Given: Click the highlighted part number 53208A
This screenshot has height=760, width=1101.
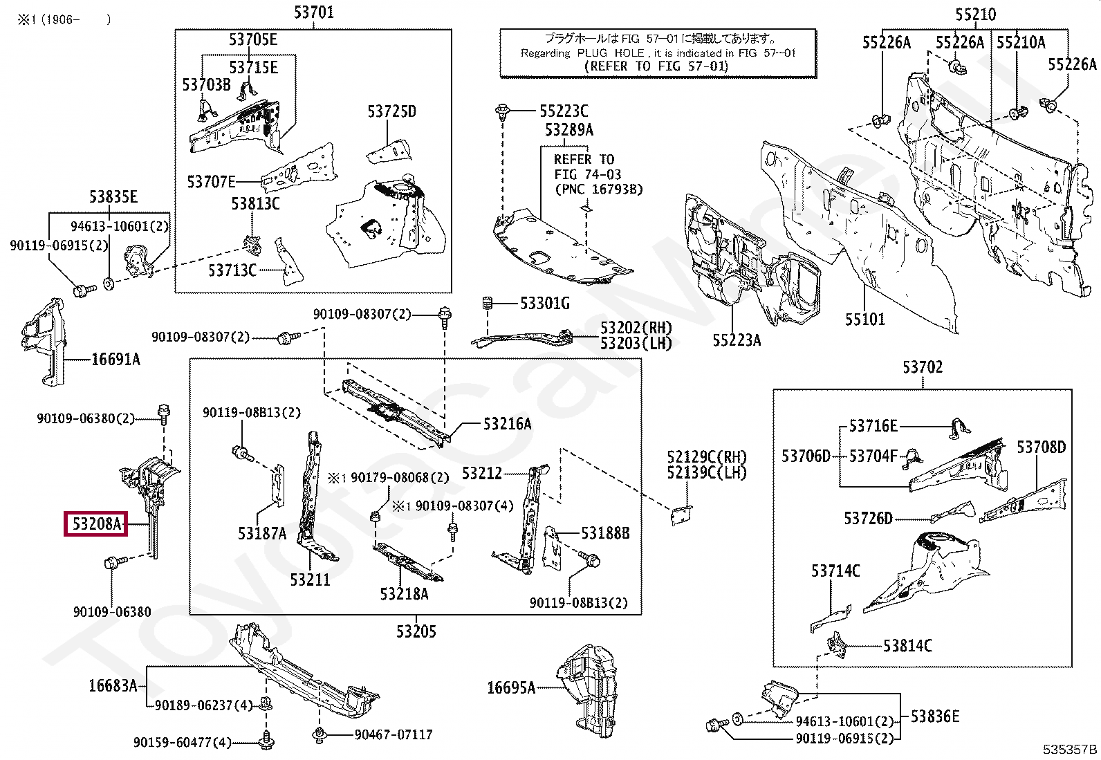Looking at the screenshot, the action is [x=96, y=524].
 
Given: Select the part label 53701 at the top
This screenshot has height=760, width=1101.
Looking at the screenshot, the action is [x=313, y=12].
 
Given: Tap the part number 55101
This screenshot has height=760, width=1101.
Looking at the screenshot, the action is [x=864, y=319].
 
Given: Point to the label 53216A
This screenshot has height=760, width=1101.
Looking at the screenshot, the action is [x=507, y=424].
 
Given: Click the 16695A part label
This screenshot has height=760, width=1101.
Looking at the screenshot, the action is [x=510, y=688].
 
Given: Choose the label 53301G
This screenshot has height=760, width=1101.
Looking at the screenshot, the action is [x=544, y=304].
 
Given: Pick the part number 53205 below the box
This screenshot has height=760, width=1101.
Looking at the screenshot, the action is [x=416, y=631].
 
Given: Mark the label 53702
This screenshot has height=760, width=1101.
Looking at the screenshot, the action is [x=923, y=367].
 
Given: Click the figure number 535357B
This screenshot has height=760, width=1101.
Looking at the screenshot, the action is [x=1070, y=749].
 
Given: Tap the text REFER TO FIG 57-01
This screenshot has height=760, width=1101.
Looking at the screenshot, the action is [x=656, y=66].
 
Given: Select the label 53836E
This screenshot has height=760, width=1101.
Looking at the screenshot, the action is [x=935, y=716].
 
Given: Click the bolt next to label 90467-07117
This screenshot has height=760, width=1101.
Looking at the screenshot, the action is [x=320, y=735].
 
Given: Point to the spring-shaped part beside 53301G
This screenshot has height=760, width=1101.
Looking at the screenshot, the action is [x=487, y=304].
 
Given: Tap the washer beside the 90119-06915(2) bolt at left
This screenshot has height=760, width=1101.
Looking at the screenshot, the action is [x=109, y=284].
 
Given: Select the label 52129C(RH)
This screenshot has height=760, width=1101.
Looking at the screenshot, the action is [x=706, y=457].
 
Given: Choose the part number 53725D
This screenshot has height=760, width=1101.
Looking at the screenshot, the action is [x=391, y=111].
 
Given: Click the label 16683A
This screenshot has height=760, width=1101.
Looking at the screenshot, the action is [x=113, y=686].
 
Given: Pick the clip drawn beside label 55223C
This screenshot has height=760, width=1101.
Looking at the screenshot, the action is [x=502, y=111].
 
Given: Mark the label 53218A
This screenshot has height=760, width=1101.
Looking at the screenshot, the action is [x=404, y=594].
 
